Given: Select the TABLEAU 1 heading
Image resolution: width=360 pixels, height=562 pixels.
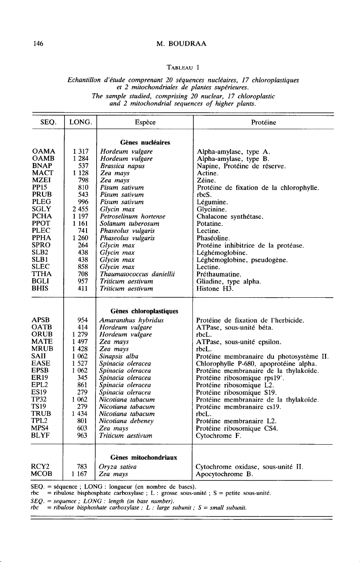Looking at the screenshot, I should tap(179, 68).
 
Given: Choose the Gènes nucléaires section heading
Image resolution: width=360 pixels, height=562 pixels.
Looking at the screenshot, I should tap(133, 142).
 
